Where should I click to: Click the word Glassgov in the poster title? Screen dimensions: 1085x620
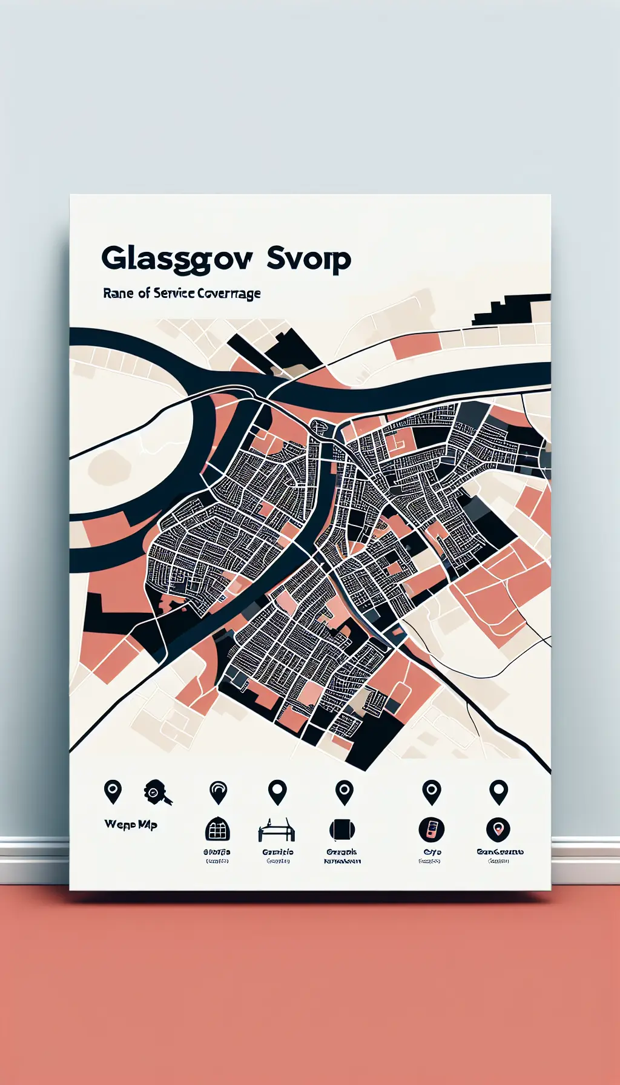click(176, 259)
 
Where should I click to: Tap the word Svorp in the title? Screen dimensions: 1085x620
click(308, 259)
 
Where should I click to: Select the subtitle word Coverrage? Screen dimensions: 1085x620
click(228, 294)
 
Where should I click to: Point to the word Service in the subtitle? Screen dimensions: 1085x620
click(174, 293)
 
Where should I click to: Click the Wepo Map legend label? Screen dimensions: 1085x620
click(131, 824)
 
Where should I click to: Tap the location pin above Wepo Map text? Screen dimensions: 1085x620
click(113, 791)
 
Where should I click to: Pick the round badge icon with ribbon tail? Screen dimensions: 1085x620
click(156, 792)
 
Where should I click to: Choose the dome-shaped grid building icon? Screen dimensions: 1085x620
click(218, 829)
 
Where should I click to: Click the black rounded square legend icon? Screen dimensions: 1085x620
click(341, 829)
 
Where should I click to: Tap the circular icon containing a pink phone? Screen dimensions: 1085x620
click(431, 829)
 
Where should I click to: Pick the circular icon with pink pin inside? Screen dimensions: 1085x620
click(498, 829)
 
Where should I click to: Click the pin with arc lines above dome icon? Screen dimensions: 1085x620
click(218, 792)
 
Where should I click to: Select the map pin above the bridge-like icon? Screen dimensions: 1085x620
click(277, 792)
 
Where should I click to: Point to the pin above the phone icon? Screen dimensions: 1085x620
click(431, 792)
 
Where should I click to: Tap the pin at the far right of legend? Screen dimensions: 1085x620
click(498, 792)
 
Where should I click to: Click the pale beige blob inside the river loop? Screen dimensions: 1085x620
click(110, 467)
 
